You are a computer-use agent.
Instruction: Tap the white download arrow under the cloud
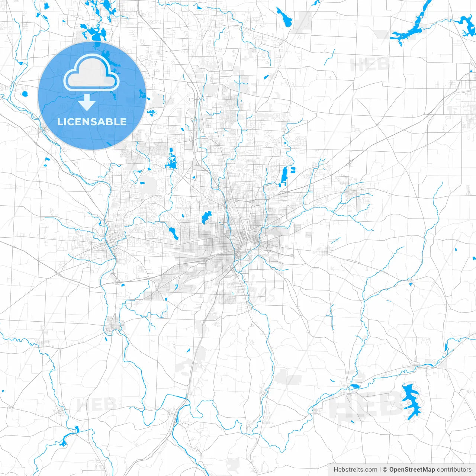click(87, 102)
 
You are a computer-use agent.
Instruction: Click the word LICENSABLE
click(92, 122)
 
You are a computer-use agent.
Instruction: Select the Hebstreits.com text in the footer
click(355, 470)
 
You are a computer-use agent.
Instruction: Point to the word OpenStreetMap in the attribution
click(412, 470)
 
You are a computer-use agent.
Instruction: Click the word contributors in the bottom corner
click(454, 470)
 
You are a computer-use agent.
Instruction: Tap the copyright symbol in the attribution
click(385, 470)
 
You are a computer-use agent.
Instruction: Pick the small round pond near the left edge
click(25, 93)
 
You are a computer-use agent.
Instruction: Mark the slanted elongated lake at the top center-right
click(284, 17)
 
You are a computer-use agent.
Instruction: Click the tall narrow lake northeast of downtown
click(284, 175)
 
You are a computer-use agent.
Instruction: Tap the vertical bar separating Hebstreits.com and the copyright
click(380, 470)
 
